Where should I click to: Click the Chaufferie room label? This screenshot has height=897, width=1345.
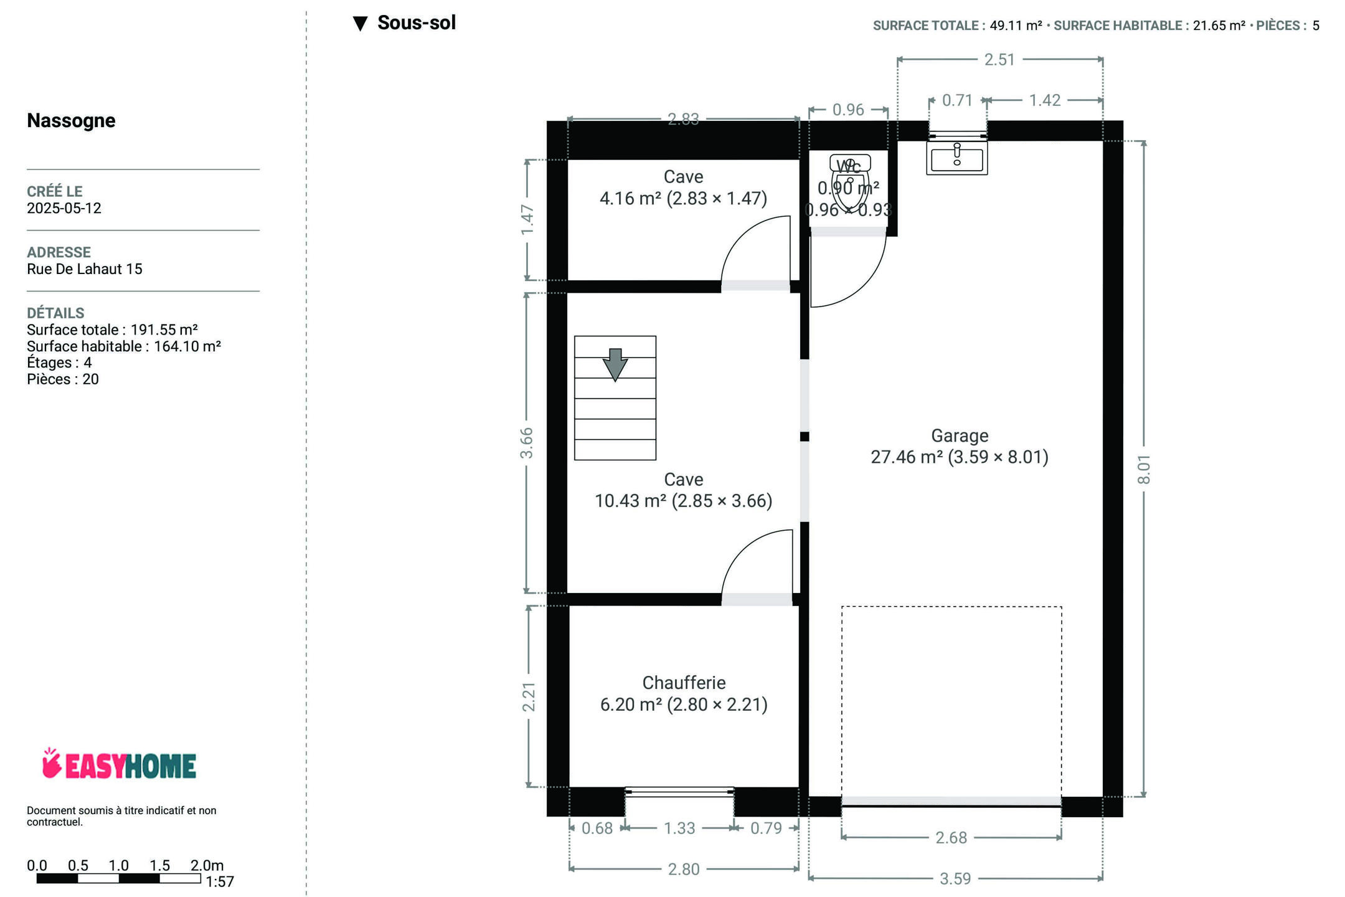pos(684,683)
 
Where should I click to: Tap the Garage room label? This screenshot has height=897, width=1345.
pos(960,435)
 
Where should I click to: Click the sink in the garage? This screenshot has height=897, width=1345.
pos(957,158)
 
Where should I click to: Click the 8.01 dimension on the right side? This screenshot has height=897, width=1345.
pos(1144,469)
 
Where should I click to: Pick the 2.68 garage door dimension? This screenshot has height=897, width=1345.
pos(951,837)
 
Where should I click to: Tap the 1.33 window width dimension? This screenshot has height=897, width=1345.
pos(679,828)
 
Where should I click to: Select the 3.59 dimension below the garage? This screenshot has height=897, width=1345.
pos(955,878)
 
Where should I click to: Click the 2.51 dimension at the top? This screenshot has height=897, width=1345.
pos(999,59)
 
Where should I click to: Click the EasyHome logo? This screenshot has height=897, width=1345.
pos(119,764)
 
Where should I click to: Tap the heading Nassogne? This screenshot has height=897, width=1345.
pos(71,120)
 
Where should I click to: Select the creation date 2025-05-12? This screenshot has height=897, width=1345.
pos(64,208)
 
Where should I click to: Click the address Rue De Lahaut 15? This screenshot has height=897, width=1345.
pos(85,269)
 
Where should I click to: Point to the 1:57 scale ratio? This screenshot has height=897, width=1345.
pos(220,881)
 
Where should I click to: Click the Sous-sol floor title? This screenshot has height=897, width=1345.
pos(417,22)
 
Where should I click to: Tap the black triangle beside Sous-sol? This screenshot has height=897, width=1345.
pos(360,24)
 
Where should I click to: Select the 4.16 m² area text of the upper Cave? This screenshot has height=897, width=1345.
pos(630,198)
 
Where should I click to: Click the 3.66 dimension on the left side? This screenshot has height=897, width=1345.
pos(527,443)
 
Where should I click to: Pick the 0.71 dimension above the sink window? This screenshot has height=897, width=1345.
pos(957,100)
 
